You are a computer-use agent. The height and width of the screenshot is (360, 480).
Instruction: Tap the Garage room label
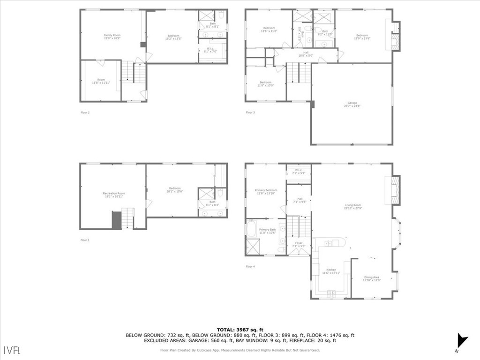tap(352, 105)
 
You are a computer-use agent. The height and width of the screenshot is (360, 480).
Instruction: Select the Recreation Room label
tap(114, 195)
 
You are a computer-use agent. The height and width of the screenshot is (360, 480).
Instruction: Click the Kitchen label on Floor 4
tap(331, 271)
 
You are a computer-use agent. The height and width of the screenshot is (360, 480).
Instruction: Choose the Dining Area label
tap(372, 279)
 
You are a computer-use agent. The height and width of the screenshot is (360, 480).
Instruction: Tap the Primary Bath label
tap(267, 231)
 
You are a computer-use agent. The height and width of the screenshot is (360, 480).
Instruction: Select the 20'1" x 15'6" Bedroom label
tap(175, 190)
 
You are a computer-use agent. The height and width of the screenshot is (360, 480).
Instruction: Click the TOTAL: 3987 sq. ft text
tap(240, 330)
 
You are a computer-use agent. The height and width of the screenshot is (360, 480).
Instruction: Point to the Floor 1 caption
tap(85, 240)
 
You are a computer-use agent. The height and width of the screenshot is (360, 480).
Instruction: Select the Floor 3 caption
tap(250, 112)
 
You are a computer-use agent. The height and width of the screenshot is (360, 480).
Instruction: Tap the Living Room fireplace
tap(396, 190)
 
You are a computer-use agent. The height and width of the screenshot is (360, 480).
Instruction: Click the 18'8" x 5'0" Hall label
tap(306, 54)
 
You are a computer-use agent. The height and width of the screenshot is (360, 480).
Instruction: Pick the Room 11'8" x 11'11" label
tap(101, 81)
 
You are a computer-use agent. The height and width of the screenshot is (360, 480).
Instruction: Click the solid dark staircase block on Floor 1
tap(116, 220)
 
